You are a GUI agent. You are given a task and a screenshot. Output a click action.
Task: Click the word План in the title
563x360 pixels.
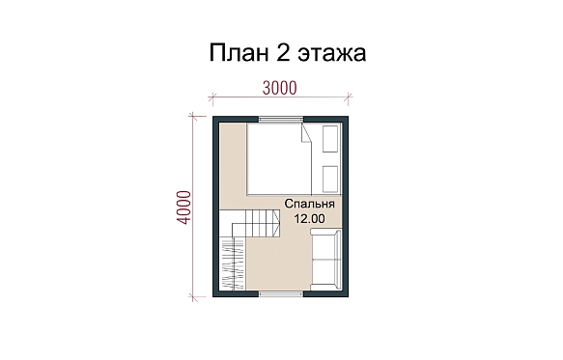click(x=239, y=53)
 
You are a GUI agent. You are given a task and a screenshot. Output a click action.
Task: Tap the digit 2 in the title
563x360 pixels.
click(x=283, y=53)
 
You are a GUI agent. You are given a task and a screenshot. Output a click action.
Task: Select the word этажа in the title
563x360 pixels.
click(x=332, y=55)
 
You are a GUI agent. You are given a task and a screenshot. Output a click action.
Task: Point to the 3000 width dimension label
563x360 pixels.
click(x=280, y=88)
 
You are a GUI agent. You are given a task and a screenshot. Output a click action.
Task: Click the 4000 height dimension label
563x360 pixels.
click(x=184, y=208)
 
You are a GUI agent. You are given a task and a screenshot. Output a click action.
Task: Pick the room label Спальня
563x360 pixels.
click(x=310, y=204)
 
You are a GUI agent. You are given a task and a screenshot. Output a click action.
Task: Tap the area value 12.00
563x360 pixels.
click(x=310, y=218)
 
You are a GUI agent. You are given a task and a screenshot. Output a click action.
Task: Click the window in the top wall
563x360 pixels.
click(x=281, y=119)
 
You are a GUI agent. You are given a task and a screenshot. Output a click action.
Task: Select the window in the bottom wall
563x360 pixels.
click(x=281, y=294)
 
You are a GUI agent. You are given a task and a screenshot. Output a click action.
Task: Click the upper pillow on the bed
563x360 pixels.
click(x=330, y=139)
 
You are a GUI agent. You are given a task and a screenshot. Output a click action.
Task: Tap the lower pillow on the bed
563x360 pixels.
click(x=330, y=180)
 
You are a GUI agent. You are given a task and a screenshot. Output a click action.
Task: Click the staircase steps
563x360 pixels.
click(x=256, y=223)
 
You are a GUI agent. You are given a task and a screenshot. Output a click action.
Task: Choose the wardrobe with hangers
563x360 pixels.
click(x=233, y=263)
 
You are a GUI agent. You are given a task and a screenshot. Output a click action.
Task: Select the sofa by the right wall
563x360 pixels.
click(x=325, y=260)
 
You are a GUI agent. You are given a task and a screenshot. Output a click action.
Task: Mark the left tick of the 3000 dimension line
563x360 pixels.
click(x=212, y=97)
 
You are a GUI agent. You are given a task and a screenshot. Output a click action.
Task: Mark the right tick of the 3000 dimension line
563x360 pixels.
click(x=349, y=97)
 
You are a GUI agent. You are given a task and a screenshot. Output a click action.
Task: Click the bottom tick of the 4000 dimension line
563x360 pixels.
click(x=193, y=297)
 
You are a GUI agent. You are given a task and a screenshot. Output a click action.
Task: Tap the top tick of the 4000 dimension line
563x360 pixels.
click(x=193, y=116)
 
